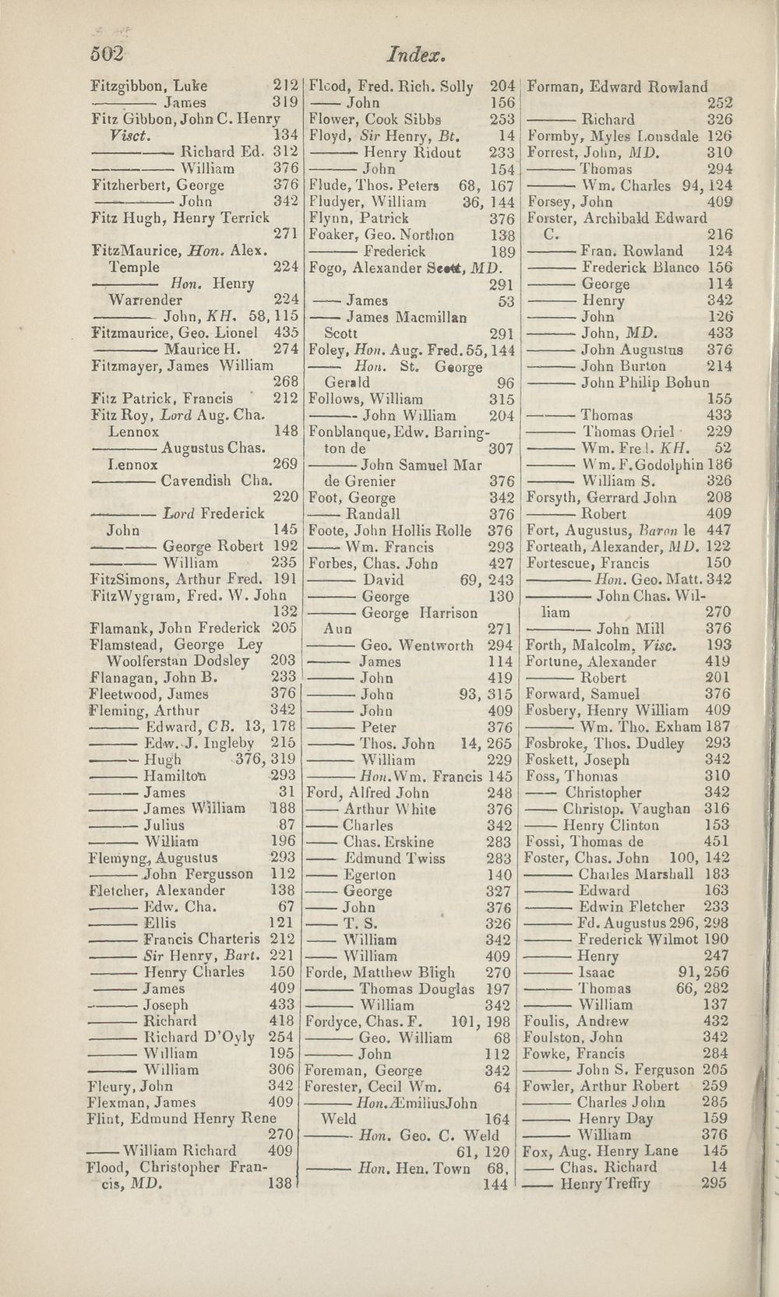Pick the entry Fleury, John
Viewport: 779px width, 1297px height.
click(130, 1086)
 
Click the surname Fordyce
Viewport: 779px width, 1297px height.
click(337, 1021)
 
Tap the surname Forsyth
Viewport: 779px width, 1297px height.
click(552, 498)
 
